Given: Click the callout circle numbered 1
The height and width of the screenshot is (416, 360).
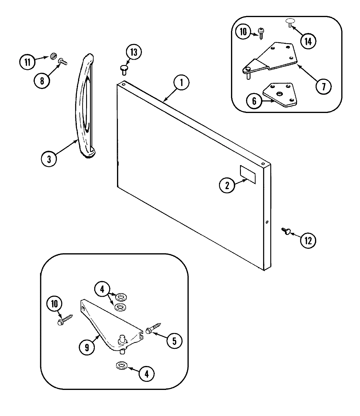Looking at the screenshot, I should click(181, 83).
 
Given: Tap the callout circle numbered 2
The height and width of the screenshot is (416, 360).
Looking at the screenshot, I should click(227, 186).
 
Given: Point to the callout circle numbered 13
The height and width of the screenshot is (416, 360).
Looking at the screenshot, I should click(133, 52).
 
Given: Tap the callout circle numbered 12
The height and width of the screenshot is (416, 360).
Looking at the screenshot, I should click(308, 240).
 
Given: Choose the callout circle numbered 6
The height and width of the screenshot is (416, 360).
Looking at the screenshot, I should click(254, 101).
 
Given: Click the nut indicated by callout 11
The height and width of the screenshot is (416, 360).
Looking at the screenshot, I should click(54, 56).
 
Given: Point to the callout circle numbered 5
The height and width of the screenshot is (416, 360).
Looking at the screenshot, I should click(174, 341).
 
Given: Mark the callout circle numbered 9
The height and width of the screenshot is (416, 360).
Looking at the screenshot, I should click(87, 347).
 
